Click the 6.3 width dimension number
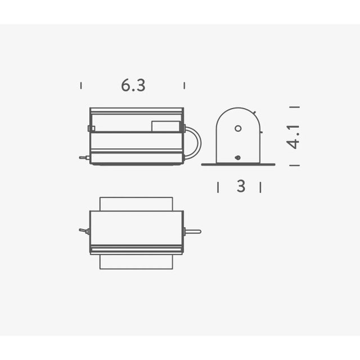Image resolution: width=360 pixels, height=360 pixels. tap(133, 85)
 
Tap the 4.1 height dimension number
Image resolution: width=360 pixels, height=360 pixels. tap(293, 137)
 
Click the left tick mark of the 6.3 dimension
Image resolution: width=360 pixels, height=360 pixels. tap(81, 85)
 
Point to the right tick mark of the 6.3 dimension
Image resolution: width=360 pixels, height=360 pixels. tap(184, 85)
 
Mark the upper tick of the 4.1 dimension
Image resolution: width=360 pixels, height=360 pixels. tap(294, 107)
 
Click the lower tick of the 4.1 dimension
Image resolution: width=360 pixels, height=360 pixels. tap(294, 165)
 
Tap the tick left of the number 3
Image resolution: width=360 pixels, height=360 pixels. tap(218, 187)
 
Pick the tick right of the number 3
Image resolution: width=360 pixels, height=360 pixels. tap(260, 187)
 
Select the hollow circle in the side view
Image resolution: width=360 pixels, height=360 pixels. tap(238, 128)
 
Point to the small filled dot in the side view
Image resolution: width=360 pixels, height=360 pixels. tap(238, 157)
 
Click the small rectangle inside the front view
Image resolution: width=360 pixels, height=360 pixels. tap(166, 126)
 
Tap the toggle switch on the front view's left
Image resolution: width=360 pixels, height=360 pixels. tap(84, 157)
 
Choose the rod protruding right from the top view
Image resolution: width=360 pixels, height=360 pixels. tap(192, 231)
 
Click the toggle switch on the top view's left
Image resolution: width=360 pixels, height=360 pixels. tap(84, 231)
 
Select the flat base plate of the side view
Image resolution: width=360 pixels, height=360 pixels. tap(238, 164)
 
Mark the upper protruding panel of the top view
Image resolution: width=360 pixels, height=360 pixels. tap(136, 204)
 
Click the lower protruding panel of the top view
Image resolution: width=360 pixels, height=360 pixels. tap(136, 262)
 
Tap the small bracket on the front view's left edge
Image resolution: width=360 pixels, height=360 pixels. tap(91, 128)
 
